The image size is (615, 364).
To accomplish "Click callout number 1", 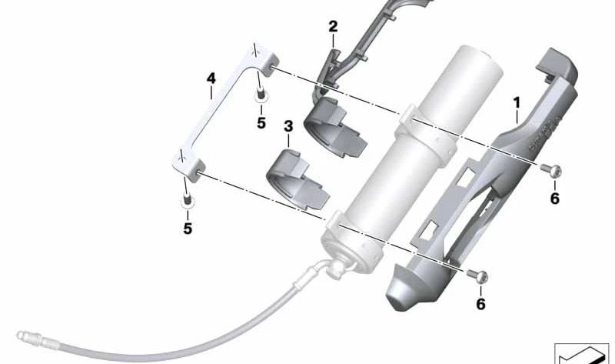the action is pos(517,103).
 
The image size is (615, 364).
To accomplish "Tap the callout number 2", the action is pos(333,27).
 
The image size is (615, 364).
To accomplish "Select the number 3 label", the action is pos(288,126).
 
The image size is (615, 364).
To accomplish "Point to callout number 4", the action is pos(211,78).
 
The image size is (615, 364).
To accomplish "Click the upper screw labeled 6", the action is pos(551,170).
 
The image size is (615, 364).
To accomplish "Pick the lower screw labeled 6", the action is pos(477,276).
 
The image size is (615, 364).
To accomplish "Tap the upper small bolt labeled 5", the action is pos(261,96).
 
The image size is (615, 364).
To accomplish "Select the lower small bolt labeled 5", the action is pos(188,200).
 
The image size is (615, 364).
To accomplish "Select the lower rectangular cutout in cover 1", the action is pos(429,230).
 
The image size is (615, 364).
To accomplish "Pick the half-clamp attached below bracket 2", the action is pos(335,127).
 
